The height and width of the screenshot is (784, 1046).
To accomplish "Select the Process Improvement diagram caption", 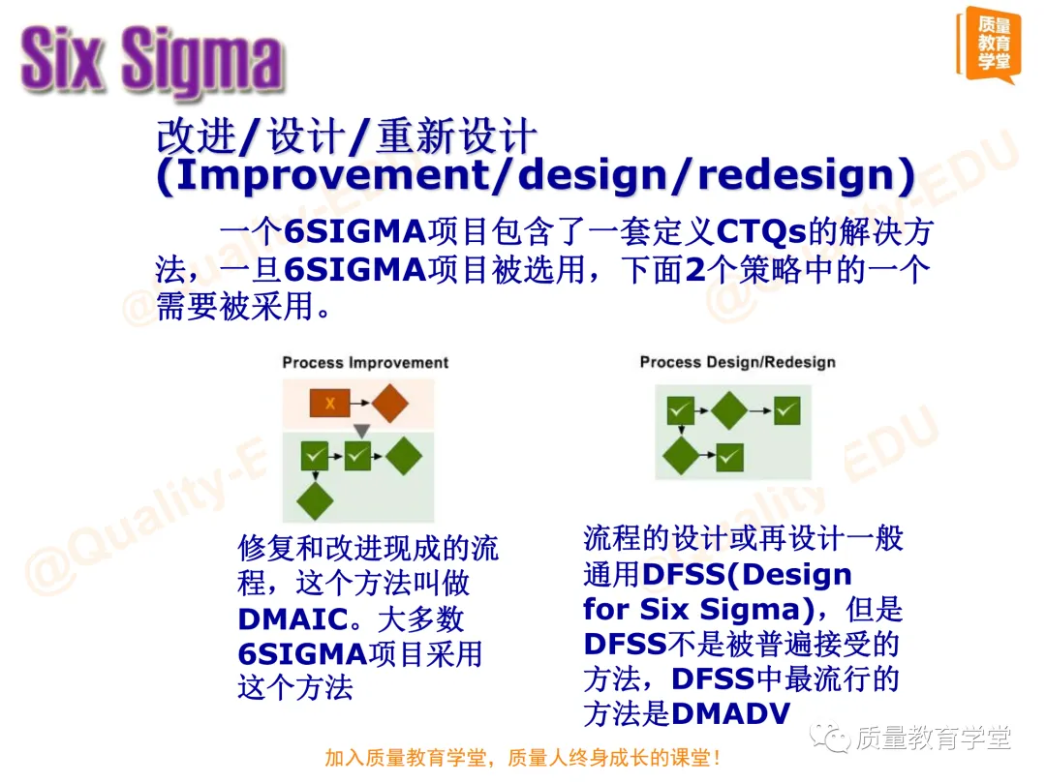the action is click(365, 363).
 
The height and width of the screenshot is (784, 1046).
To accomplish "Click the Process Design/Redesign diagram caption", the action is click(737, 362).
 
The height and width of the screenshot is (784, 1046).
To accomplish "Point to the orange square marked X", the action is click(329, 404).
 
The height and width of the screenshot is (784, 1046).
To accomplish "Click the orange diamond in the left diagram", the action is click(389, 404).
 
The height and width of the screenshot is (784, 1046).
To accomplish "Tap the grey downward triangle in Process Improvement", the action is click(360, 430).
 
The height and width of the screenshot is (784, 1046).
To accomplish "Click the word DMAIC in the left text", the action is click(292, 619).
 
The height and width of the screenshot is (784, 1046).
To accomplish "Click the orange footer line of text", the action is click(522, 758).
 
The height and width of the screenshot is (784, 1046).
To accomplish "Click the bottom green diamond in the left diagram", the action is click(315, 500).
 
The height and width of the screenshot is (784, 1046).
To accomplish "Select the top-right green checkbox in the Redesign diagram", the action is click(787, 410).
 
